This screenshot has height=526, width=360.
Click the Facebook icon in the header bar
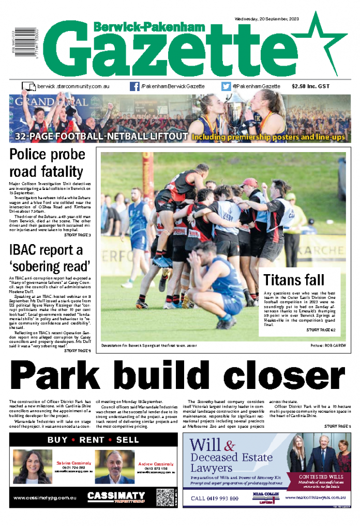(134, 87)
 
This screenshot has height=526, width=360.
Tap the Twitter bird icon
(226, 87)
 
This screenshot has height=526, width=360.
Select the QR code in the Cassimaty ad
(165, 497)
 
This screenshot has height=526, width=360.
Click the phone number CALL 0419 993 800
(215, 499)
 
